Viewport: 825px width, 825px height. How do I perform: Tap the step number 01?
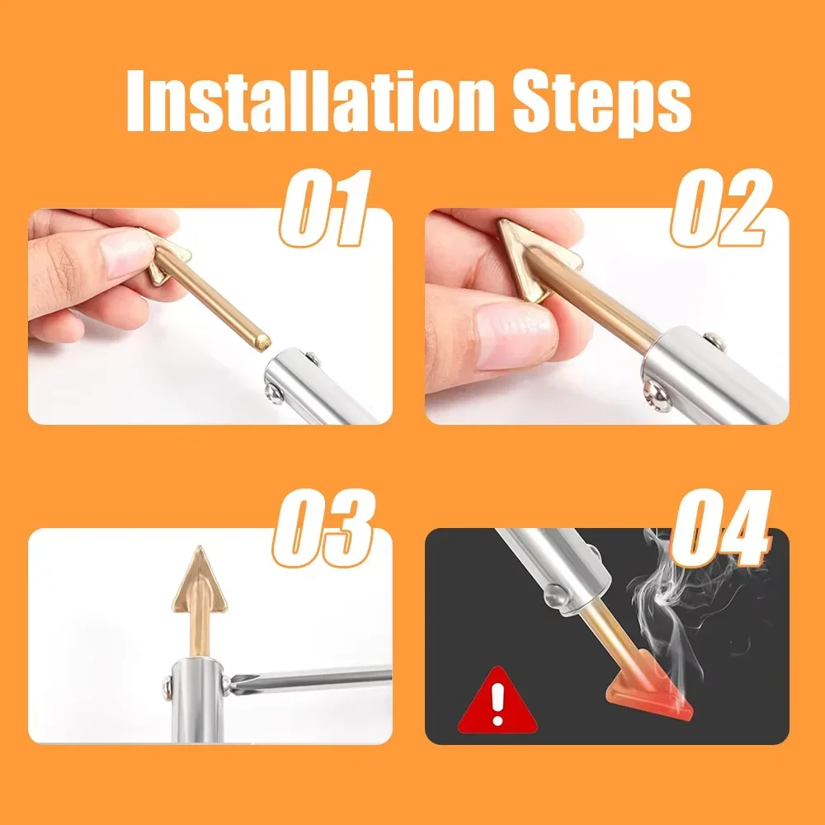coord(323,210)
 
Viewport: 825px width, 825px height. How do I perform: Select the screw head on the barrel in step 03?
coord(166,685)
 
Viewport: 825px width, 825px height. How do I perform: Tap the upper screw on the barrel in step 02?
coord(709,338)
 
